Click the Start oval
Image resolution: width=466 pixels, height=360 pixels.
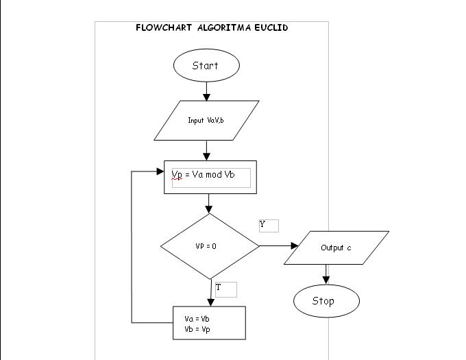coord(206,66)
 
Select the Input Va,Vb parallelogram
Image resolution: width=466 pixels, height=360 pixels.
coord(206,120)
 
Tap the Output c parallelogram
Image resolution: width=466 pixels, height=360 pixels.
coord(336,248)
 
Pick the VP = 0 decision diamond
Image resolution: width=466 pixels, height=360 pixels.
coord(209,245)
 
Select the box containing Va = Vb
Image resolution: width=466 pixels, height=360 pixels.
coord(208,323)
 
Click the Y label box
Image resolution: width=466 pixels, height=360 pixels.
coord(269,226)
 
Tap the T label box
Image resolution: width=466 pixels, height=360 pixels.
coord(225,289)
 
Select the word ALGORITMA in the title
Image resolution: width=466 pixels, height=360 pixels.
coord(222,28)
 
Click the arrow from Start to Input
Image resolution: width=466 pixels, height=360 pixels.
coord(206,91)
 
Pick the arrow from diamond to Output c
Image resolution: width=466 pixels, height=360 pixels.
coord(278,245)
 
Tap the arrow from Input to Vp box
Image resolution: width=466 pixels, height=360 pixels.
coord(206,150)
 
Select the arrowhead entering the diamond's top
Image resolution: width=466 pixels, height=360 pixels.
coord(209,209)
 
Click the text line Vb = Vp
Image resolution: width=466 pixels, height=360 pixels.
coord(197,329)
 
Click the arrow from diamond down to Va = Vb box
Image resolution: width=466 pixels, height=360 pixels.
coord(210,291)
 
